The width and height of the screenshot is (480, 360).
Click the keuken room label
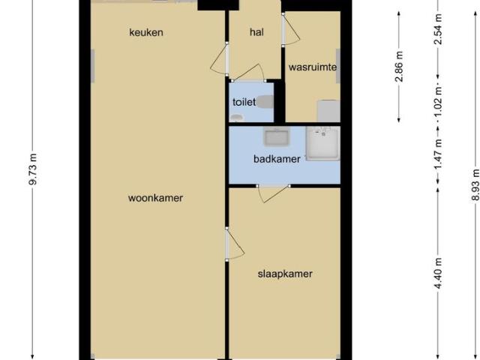[145, 32]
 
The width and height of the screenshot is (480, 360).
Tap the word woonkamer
[156, 198]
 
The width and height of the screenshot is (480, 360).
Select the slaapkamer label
[285, 274]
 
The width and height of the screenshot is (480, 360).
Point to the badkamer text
[277, 159]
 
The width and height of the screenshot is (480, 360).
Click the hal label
[256, 32]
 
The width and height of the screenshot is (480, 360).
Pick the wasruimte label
[312, 67]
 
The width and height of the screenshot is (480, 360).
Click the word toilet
[244, 102]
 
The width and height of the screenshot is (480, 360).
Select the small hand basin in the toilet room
[237, 118]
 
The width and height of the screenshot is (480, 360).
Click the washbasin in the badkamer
[275, 138]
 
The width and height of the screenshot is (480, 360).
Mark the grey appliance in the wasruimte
[328, 111]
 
